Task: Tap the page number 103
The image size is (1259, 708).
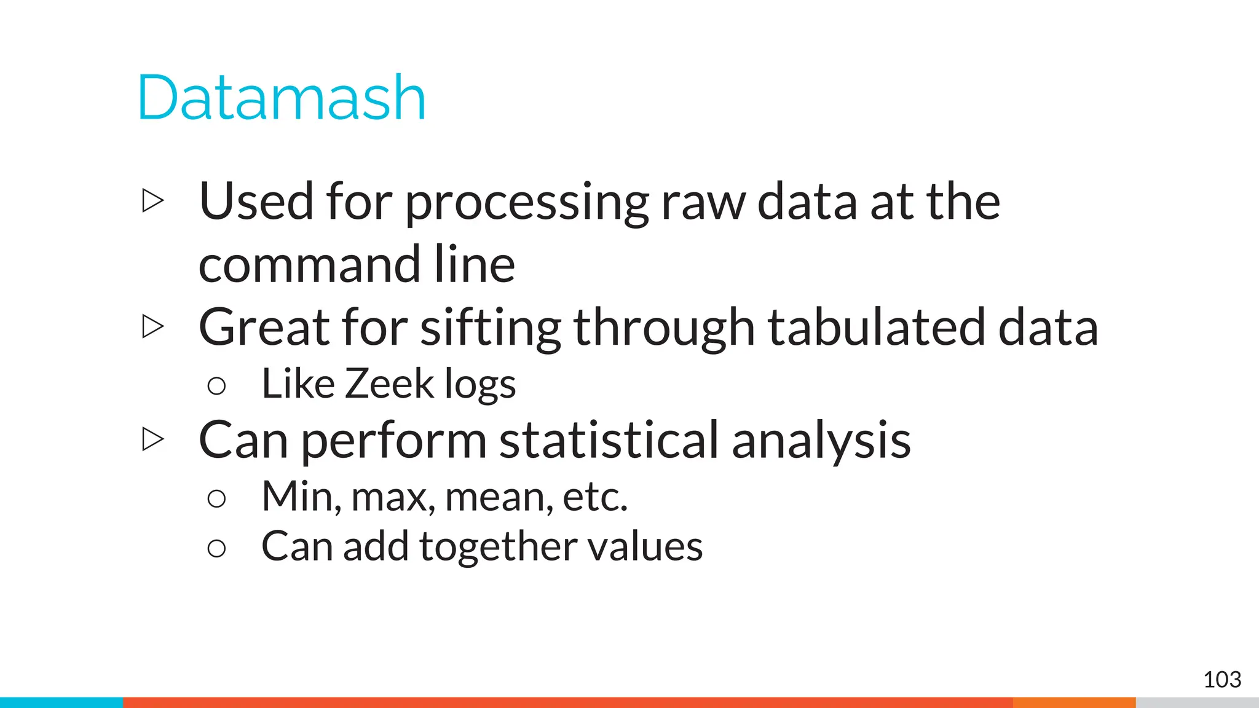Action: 1222,680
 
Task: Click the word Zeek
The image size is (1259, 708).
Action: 389,384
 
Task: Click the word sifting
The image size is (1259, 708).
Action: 490,328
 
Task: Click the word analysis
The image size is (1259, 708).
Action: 821,441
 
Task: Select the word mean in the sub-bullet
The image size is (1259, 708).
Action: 494,497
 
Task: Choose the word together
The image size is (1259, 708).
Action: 498,547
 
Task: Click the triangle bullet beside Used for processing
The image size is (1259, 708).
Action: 152,201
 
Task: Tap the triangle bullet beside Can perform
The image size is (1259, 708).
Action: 152,439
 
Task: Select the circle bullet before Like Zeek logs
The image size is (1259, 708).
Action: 216,386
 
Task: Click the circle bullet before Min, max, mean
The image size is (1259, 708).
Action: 216,498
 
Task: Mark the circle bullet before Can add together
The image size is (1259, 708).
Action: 216,548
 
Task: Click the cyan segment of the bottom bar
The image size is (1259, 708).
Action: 61,702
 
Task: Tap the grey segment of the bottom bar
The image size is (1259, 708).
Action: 1197,702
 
